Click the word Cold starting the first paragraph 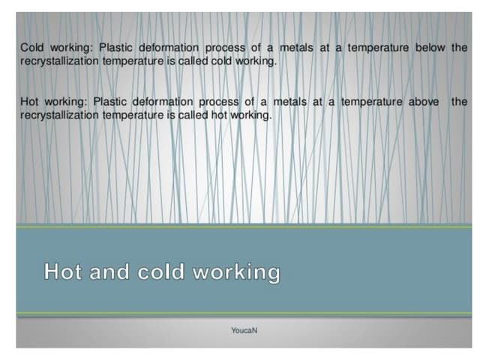[x=31, y=47]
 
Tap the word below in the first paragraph [x=430, y=47]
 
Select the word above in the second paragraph [x=423, y=102]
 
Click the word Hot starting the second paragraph [x=29, y=102]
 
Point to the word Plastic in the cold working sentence [x=115, y=47]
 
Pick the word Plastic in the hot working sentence [x=110, y=102]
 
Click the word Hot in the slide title [x=63, y=271]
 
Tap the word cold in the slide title [x=160, y=271]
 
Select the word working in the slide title [x=236, y=272]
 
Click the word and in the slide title [x=109, y=271]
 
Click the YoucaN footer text [x=244, y=331]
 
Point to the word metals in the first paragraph [x=296, y=47]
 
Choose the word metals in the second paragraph [x=289, y=102]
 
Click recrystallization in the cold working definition [x=59, y=61]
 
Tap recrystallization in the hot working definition [x=59, y=115]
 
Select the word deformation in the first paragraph [x=169, y=47]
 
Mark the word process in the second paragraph [x=218, y=102]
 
